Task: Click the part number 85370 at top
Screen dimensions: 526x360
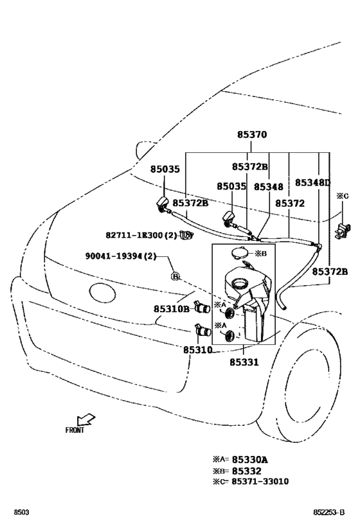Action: pos(251,135)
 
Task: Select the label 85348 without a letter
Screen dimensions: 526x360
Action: pos(268,186)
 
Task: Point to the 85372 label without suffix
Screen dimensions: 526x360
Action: pos(289,203)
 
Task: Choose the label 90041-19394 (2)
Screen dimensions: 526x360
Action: pos(120,256)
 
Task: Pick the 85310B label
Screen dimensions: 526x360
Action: pos(171,308)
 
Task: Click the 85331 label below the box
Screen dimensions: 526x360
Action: pos(244,362)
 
